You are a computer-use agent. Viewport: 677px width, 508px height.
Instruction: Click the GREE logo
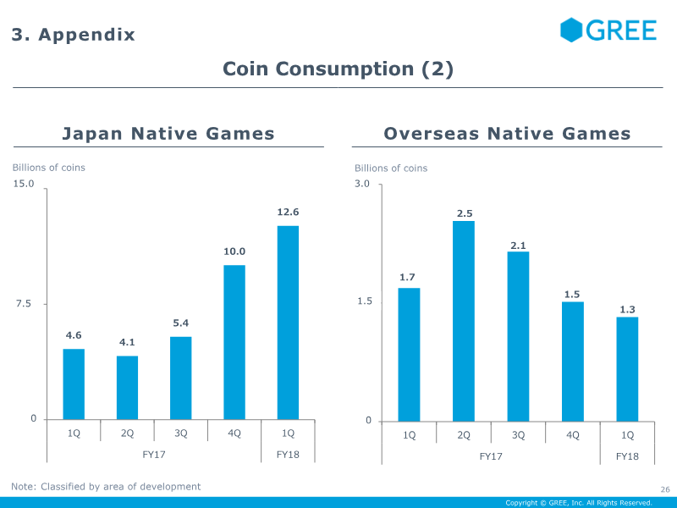point(608,30)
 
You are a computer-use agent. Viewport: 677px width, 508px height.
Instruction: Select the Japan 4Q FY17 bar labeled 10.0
point(234,341)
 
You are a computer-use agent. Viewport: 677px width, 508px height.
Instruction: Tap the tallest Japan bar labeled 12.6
point(288,322)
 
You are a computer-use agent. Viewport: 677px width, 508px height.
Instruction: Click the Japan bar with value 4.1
point(127,387)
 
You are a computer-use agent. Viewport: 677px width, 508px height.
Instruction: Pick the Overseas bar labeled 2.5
point(464,321)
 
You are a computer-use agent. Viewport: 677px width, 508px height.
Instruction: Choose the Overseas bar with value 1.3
point(627,368)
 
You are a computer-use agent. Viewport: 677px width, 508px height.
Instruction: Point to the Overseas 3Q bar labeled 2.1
point(518,336)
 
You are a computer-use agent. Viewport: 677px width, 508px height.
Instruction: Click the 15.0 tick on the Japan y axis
point(23,184)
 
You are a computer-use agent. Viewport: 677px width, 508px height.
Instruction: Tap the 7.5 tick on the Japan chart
point(26,303)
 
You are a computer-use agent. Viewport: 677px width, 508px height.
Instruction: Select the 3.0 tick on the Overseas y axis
point(362,184)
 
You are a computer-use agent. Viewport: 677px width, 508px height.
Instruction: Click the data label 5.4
point(180,323)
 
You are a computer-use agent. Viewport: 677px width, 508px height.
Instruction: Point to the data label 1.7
point(408,277)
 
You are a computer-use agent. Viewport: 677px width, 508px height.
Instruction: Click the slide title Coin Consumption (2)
point(338,69)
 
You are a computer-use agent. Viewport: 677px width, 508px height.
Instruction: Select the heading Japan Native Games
point(168,133)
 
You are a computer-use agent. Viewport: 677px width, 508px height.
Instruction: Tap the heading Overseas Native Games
point(507,133)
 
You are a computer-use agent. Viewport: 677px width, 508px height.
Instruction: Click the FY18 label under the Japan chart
point(289,454)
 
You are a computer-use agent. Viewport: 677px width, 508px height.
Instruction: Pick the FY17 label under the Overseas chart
point(491,456)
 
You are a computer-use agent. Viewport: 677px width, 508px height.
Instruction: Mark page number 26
point(664,489)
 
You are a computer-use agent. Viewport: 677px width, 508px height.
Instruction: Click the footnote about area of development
point(106,486)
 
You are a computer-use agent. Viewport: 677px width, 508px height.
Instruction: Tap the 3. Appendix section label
point(73,35)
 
